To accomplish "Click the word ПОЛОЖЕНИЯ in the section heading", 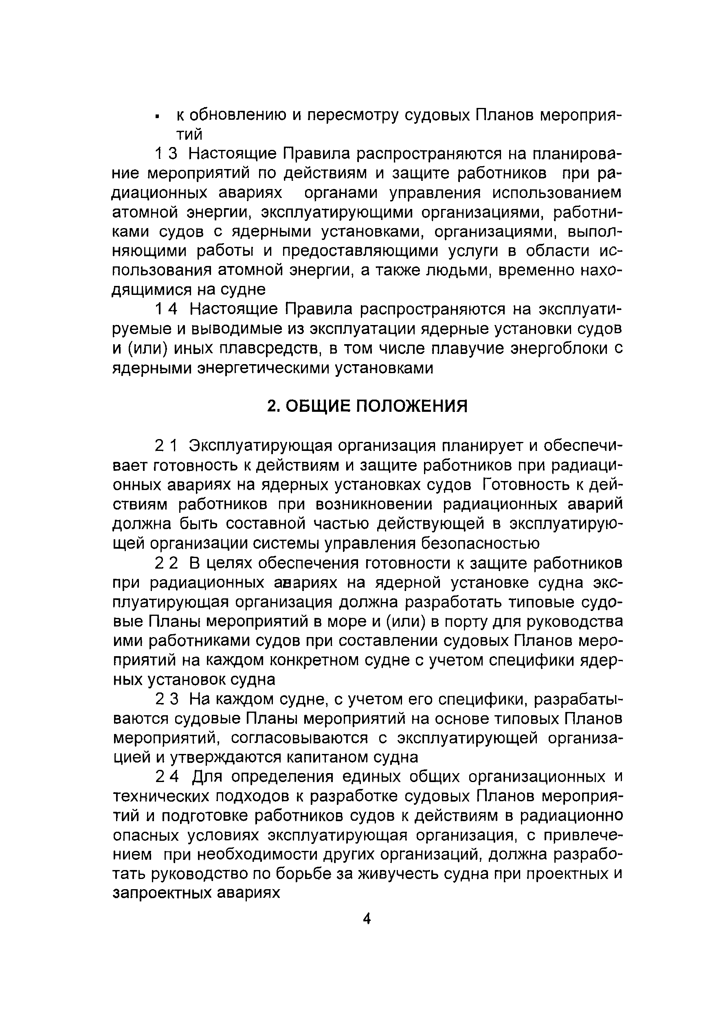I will [411, 406].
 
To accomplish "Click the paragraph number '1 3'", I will [167, 154].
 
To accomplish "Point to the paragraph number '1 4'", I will [167, 309].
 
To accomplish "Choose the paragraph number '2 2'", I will [167, 563].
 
